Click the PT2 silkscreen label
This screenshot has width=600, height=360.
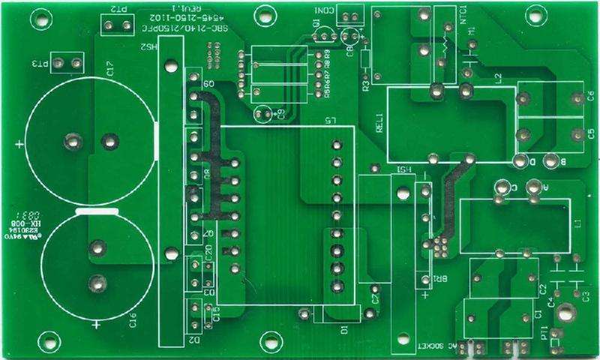118,10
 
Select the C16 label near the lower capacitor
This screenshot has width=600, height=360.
133,321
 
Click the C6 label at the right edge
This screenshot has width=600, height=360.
590,95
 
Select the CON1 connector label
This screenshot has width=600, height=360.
325,10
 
